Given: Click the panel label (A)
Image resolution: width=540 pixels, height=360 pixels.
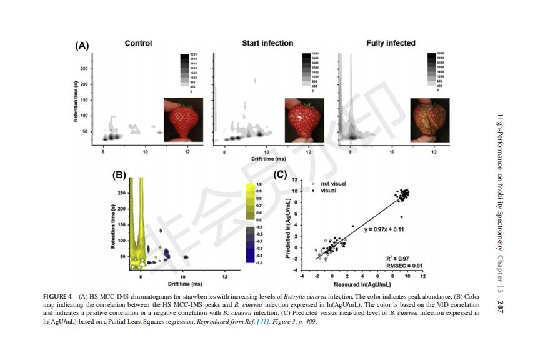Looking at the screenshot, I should [82, 46].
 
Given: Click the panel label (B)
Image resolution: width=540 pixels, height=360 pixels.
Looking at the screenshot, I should [119, 176].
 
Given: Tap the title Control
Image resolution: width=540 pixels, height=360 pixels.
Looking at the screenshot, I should [138, 44].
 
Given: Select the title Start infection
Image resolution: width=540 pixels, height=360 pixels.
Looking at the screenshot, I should [267, 44].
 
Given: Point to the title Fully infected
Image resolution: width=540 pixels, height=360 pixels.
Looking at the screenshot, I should [391, 44].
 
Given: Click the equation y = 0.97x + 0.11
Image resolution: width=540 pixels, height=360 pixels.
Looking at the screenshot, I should [384, 229].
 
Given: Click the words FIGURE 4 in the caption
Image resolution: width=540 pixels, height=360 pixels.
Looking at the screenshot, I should [57, 296].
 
